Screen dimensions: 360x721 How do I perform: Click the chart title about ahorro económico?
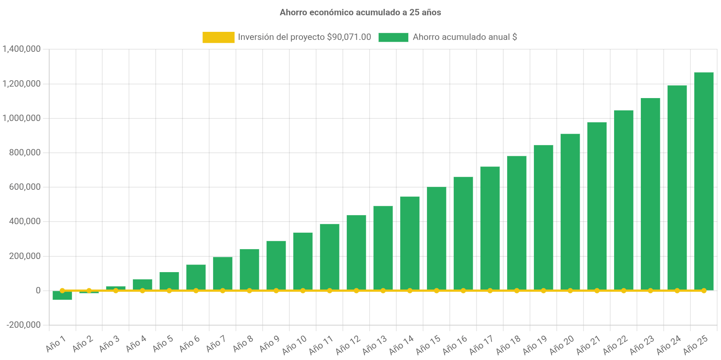[x=360, y=12]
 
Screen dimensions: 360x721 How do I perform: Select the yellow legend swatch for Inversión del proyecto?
[x=218, y=37]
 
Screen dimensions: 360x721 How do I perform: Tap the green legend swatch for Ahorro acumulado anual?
[x=393, y=37]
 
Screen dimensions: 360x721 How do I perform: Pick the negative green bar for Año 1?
[x=62, y=295]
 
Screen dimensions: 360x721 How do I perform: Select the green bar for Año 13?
[x=383, y=248]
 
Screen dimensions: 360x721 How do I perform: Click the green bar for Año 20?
[x=570, y=212]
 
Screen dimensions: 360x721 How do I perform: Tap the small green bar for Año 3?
[x=116, y=288]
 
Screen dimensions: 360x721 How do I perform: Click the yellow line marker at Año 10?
[x=303, y=291]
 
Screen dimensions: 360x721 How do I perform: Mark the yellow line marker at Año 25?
[x=704, y=291]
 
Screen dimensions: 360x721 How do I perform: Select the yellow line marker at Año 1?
[x=62, y=291]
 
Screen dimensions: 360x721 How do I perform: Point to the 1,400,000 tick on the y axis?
[x=22, y=49]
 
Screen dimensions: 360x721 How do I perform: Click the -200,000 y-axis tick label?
[x=23, y=325]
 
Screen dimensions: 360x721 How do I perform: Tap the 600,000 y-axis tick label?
[x=25, y=187]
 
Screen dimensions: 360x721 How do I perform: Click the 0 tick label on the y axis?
[x=38, y=290]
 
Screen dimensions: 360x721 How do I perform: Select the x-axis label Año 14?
[x=401, y=345]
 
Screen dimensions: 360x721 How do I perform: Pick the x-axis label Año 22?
[x=615, y=345]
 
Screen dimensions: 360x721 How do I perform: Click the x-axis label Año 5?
[x=163, y=344]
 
